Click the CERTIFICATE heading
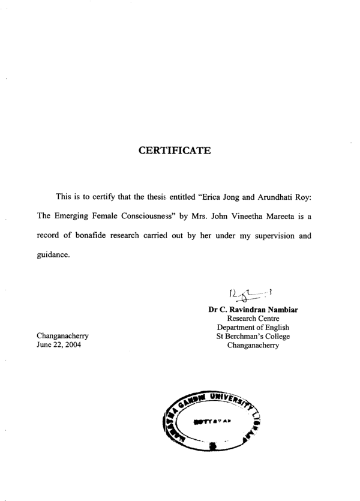click(x=175, y=151)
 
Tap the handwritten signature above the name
click(x=249, y=295)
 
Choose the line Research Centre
click(x=253, y=319)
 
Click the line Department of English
click(x=253, y=328)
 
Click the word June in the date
click(x=45, y=345)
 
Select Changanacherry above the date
click(x=63, y=337)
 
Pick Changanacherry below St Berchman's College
click(x=253, y=345)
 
